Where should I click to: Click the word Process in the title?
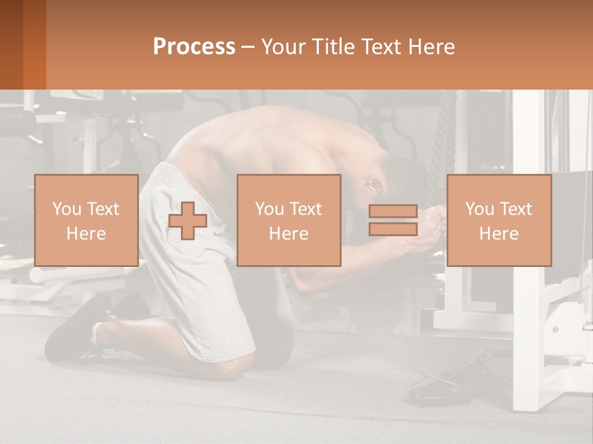point(194,47)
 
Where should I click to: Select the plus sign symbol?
point(188,220)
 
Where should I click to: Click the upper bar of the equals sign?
point(393,211)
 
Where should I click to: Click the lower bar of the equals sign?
point(393,229)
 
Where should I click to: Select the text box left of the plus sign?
point(86,220)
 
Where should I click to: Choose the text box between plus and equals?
point(288,220)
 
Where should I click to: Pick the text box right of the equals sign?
point(498,220)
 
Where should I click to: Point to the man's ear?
point(374,184)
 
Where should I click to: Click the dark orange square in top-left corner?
point(23,44)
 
